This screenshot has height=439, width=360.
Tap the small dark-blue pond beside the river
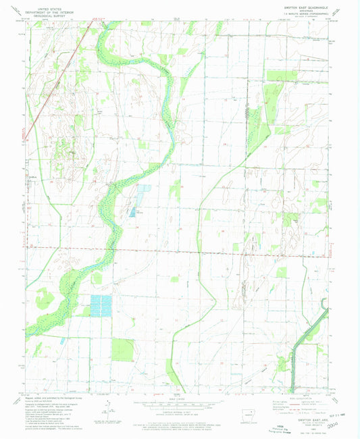click(134, 212)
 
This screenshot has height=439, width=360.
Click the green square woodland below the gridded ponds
click(123, 350)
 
